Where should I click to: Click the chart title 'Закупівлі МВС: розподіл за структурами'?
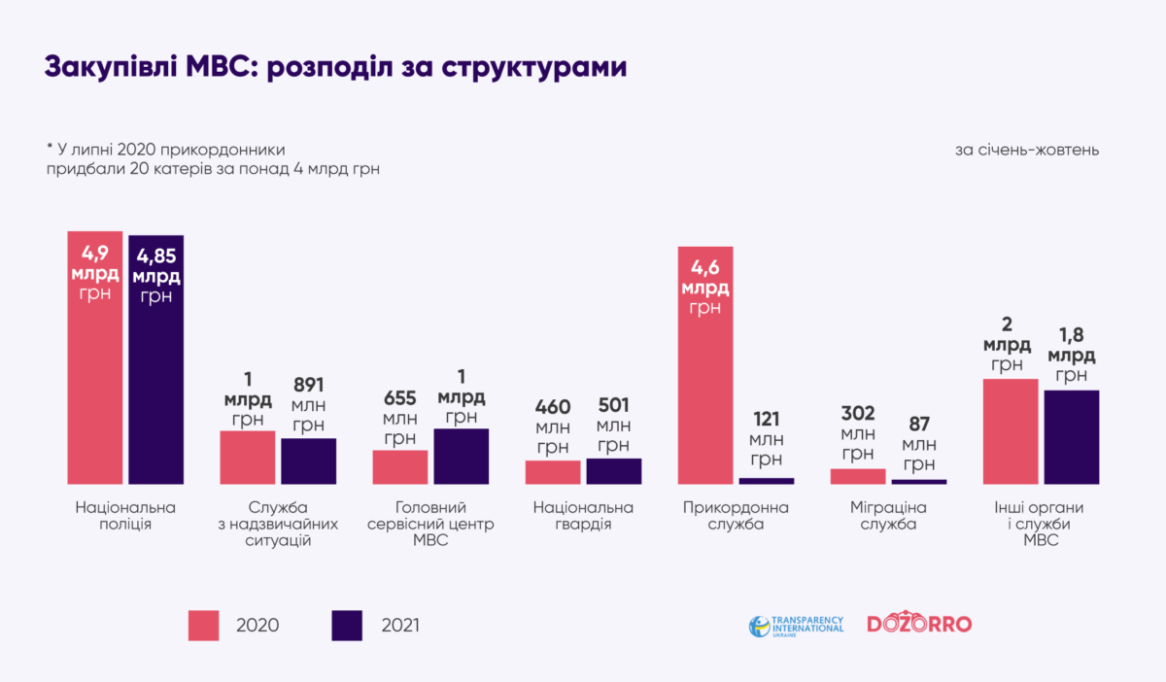coord(335,68)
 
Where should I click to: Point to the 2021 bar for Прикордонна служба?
coord(767,480)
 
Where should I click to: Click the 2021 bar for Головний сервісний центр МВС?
coord(462,456)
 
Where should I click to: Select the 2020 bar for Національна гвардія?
coord(553,472)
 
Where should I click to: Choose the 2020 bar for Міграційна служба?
coord(858,476)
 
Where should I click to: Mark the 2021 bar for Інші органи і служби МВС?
coord(1072,436)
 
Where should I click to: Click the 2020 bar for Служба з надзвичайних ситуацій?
coord(248,457)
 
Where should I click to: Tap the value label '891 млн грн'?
coord(309,402)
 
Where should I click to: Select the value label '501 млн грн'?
coord(613,425)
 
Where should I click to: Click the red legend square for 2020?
coord(205,626)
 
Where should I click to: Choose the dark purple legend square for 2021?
coord(347,626)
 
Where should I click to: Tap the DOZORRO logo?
coord(918,624)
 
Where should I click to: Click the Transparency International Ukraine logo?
coord(796,625)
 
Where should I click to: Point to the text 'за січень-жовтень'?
coord(1027,151)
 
